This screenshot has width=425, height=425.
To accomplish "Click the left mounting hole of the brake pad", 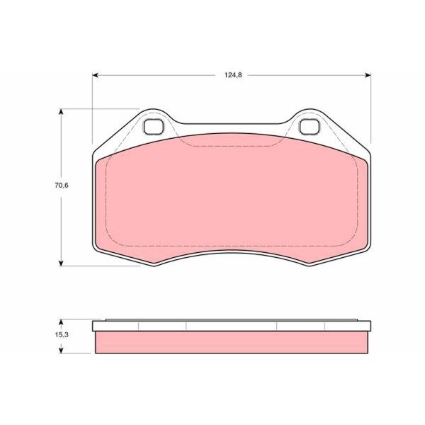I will click(154, 127).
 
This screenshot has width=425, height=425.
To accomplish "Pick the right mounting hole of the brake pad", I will click(310, 127).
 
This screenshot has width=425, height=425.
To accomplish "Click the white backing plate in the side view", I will click(232, 326).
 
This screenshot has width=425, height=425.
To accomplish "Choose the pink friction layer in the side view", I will click(232, 342).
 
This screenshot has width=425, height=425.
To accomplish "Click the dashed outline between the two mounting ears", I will click(232, 146).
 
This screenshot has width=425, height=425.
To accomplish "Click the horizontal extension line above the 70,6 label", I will click(99, 109).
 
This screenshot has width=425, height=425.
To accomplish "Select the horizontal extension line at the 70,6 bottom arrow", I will click(99, 266).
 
